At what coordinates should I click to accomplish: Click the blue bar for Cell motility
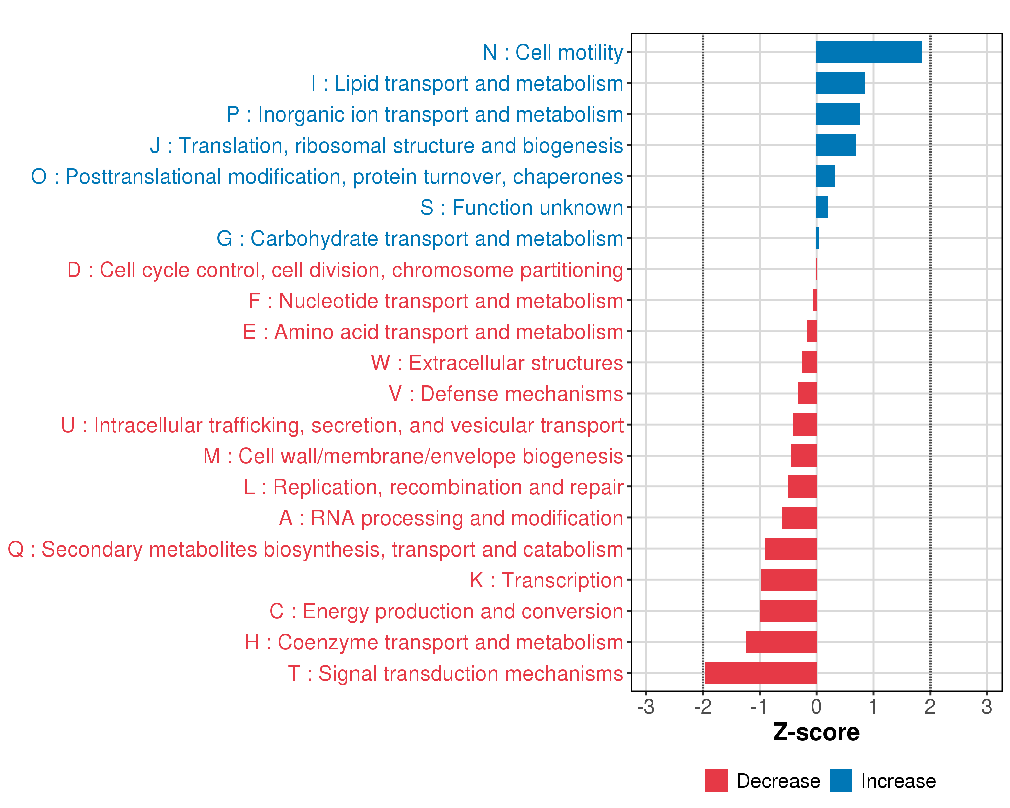click(x=869, y=52)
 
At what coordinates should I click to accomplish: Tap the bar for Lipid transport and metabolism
click(x=840, y=83)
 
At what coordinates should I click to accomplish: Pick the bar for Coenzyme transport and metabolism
click(x=781, y=642)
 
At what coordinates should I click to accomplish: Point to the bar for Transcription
click(x=788, y=580)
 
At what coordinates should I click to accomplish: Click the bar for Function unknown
click(x=822, y=207)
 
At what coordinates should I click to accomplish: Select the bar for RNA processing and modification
click(x=799, y=517)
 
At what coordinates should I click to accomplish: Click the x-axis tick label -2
click(x=703, y=707)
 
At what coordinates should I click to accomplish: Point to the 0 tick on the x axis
click(x=816, y=707)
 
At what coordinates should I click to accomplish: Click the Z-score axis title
click(x=816, y=732)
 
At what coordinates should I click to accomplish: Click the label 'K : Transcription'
click(x=547, y=580)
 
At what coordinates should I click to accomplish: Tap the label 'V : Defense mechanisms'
click(x=506, y=394)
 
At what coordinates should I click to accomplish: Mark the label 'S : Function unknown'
click(x=522, y=207)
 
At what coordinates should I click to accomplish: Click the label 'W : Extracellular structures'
click(x=497, y=363)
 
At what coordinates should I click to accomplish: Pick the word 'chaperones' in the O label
click(x=568, y=177)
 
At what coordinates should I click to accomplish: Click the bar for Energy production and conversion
click(x=788, y=611)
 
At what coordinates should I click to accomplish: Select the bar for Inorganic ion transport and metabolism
click(x=838, y=114)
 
